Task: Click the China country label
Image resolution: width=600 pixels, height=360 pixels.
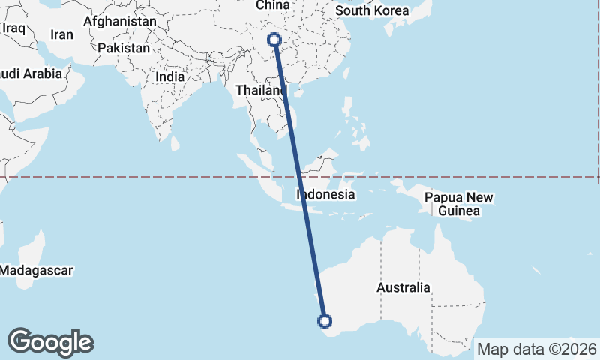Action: (272, 5)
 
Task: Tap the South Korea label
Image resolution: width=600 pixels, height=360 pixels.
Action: (372, 10)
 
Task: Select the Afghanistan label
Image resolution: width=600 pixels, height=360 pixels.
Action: (120, 22)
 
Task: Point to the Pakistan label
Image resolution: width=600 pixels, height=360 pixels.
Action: (124, 47)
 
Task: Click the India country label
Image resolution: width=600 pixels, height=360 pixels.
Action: (169, 76)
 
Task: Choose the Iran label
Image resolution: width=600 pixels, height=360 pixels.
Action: (61, 34)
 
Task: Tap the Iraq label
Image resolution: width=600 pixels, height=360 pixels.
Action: (14, 28)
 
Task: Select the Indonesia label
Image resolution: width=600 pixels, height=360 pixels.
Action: (325, 194)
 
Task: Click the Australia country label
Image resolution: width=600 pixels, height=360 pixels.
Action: (403, 287)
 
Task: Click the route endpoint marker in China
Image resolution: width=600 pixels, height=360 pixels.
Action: (274, 39)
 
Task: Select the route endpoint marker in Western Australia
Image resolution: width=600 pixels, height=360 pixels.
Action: (325, 321)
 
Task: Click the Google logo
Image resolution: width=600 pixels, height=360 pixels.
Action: (51, 342)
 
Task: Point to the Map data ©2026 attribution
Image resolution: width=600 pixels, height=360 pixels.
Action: (537, 349)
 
